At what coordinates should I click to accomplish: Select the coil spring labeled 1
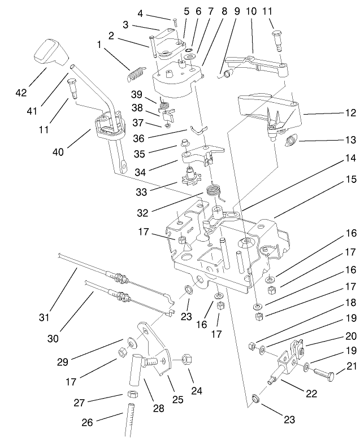point(136,72)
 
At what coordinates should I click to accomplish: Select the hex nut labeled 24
point(187,359)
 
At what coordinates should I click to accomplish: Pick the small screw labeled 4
point(176,22)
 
